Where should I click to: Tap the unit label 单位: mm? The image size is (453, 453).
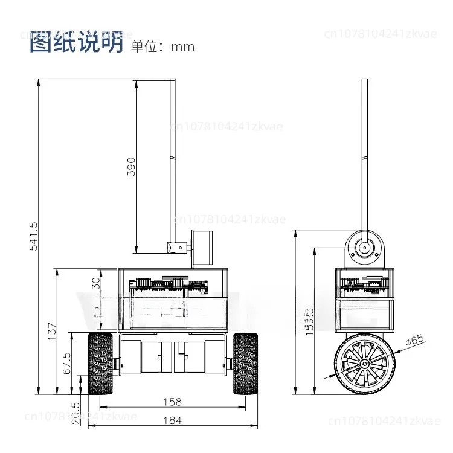click(162, 47)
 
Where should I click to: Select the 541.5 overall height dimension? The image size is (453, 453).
click(33, 236)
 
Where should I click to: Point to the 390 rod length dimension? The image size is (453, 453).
click(131, 166)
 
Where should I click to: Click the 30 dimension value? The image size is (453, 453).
click(95, 284)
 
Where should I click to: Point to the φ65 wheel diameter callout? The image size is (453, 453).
click(415, 342)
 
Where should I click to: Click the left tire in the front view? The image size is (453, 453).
click(101, 364)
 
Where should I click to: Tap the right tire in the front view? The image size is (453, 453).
click(246, 364)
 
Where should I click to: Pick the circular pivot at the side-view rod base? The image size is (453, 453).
click(364, 248)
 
